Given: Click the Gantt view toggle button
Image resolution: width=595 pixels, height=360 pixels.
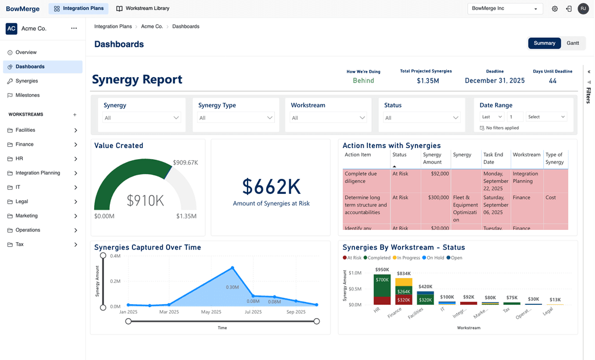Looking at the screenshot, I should pyautogui.click(x=572, y=43).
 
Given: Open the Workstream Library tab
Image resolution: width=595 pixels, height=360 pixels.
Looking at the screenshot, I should pyautogui.click(x=142, y=9).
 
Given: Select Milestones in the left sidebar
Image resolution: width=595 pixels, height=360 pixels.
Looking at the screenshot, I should pyautogui.click(x=27, y=95).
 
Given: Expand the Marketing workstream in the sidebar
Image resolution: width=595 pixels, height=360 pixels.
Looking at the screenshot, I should pyautogui.click(x=76, y=216).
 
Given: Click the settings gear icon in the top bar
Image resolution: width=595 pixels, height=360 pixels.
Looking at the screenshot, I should pyautogui.click(x=554, y=9).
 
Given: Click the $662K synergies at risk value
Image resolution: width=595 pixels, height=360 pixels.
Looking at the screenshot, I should pyautogui.click(x=271, y=186).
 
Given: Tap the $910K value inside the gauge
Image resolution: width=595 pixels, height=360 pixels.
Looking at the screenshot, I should pyautogui.click(x=145, y=200).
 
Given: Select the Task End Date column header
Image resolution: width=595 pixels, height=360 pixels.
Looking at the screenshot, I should pyautogui.click(x=493, y=158).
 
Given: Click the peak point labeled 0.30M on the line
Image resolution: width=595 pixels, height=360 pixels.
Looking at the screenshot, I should pyautogui.click(x=232, y=268).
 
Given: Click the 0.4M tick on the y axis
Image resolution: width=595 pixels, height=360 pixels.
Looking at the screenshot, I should pyautogui.click(x=114, y=255).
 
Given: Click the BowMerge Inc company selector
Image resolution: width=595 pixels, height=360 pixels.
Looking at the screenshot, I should pyautogui.click(x=504, y=9).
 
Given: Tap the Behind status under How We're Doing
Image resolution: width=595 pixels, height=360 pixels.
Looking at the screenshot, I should pyautogui.click(x=363, y=81).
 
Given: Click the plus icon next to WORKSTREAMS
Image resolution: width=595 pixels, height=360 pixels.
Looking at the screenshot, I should pyautogui.click(x=74, y=115).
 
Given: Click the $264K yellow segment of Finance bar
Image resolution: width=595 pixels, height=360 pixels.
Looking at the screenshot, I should pyautogui.click(x=403, y=291).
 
